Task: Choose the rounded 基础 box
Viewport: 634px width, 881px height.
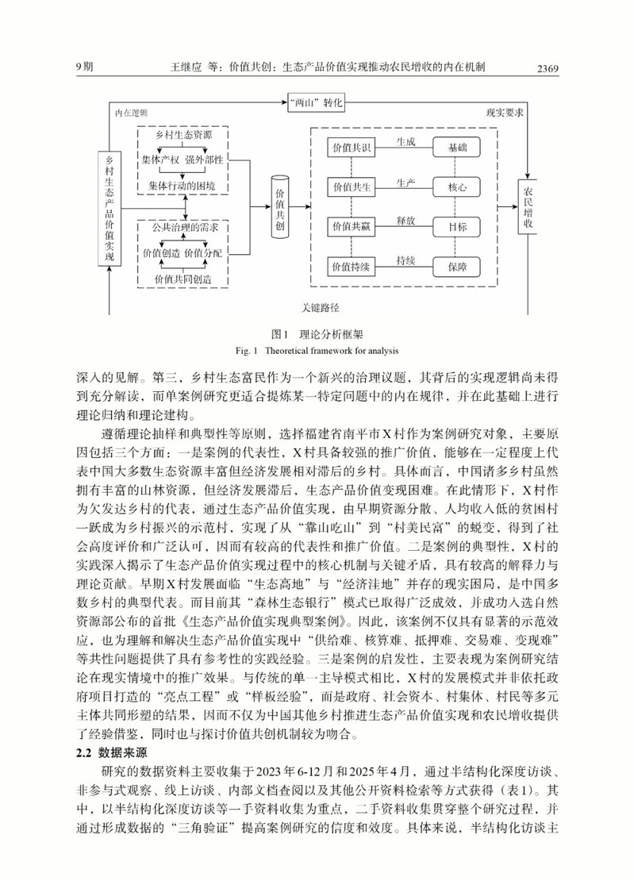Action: click(x=457, y=148)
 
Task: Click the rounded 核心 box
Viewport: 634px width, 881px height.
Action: click(x=457, y=188)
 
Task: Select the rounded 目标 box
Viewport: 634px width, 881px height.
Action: click(x=457, y=227)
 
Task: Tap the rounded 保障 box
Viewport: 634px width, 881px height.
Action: click(x=457, y=266)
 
